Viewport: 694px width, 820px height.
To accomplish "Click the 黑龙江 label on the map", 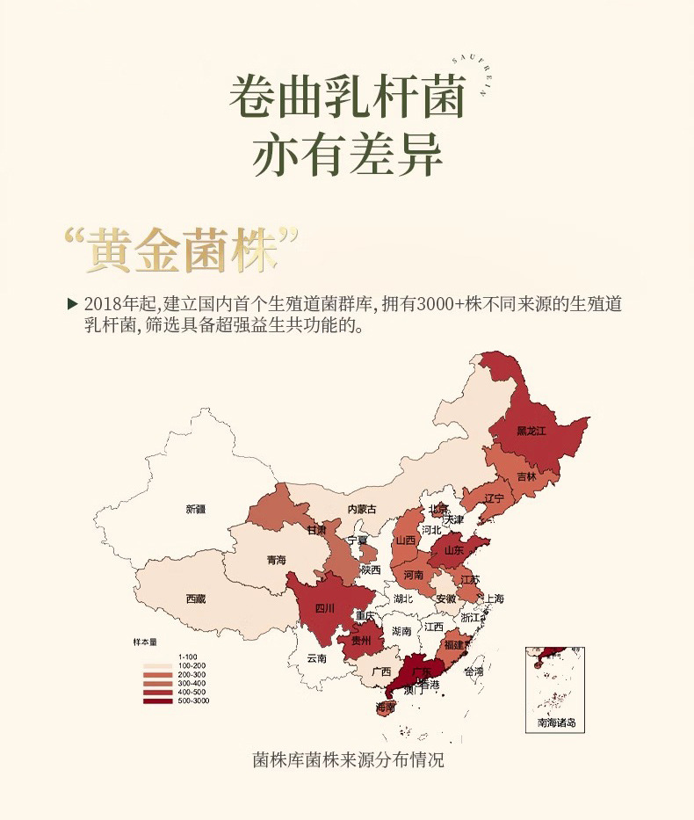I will [x=531, y=431].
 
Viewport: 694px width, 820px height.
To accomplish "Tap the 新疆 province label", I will [x=195, y=509].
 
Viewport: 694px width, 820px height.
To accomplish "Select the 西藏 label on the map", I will [x=195, y=599].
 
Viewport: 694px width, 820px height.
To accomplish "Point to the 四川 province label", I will [x=325, y=607].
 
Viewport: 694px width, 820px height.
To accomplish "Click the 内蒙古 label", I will [x=361, y=509].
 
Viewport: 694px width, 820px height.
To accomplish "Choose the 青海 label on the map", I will [x=276, y=559].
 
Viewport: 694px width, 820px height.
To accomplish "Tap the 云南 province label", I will [x=316, y=657].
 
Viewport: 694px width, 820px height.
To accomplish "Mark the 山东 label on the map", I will [x=453, y=550].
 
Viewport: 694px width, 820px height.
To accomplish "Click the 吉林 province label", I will [x=526, y=476].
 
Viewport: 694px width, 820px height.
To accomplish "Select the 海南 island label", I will [x=385, y=706].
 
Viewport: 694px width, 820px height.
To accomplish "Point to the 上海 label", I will [x=494, y=599].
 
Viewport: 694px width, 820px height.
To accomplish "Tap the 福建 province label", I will [x=454, y=644].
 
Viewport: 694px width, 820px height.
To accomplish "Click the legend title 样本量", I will [x=144, y=643].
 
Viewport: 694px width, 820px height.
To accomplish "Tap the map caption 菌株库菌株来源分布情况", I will [x=347, y=758].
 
